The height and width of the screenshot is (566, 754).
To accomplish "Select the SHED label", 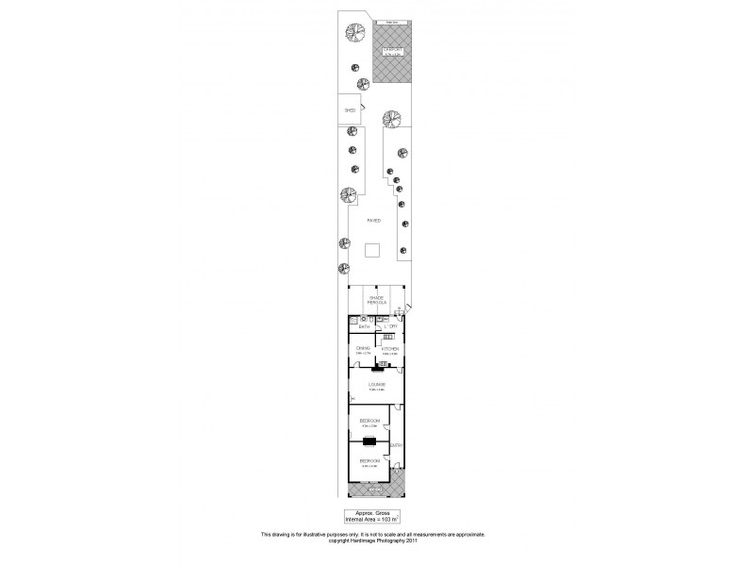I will (348, 109).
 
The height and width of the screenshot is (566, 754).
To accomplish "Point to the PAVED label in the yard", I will (374, 219).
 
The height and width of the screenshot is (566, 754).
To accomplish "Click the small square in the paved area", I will (372, 250).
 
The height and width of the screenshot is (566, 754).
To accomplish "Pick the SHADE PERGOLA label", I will (377, 300).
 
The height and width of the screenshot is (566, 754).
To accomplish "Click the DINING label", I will (362, 348).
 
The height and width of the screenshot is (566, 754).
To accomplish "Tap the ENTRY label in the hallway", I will (398, 446).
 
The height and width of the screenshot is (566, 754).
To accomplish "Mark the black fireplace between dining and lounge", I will (375, 369).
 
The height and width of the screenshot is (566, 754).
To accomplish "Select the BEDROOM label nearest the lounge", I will (369, 420).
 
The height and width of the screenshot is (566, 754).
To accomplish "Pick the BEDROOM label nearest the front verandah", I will (369, 460).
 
